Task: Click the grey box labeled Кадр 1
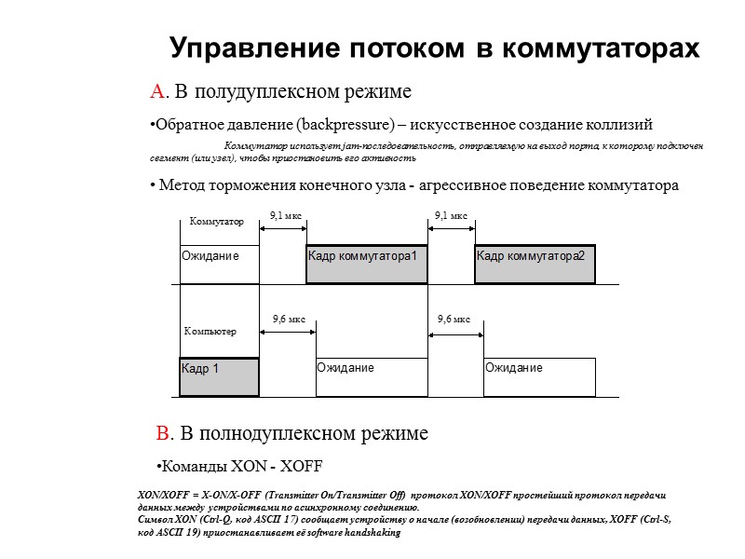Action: tap(219, 377)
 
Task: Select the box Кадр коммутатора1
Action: tap(367, 264)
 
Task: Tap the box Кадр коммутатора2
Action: tap(535, 264)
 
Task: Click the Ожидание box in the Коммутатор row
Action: tap(219, 264)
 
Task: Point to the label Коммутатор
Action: tap(216, 222)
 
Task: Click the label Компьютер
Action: tap(210, 332)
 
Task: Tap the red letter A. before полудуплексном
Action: tap(158, 92)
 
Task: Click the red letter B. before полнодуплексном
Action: tap(165, 433)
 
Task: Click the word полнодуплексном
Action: tap(257, 433)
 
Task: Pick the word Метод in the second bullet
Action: tap(181, 185)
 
